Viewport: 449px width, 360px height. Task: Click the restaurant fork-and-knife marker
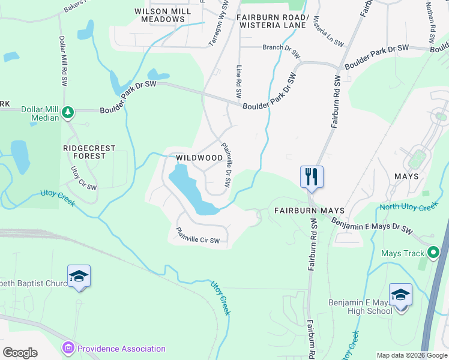[312, 176]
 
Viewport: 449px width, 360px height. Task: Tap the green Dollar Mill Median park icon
[68, 111]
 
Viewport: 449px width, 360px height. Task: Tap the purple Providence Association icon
[68, 349]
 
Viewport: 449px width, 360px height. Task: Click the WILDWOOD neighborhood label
[199, 158]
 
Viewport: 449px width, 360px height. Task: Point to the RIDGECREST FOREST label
[85, 151]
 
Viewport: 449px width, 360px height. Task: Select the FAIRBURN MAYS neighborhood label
[309, 211]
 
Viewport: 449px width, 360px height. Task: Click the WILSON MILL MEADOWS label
[159, 15]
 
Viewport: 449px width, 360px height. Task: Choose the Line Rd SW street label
[239, 82]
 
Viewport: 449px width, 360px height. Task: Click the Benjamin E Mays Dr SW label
[373, 225]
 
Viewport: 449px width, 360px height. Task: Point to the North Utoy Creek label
[409, 208]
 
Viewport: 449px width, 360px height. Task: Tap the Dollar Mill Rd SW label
[62, 59]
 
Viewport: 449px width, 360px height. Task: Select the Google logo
[20, 352]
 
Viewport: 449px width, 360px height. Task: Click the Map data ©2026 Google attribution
[411, 355]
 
